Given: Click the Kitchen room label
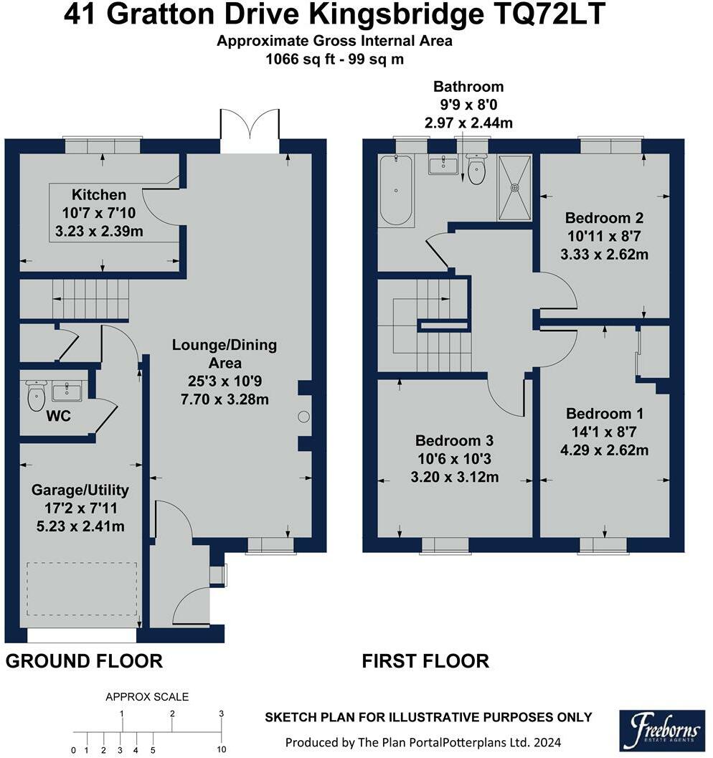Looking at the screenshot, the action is (99, 195).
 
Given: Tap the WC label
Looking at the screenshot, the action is (59, 416).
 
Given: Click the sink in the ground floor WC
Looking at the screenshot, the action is (67, 391).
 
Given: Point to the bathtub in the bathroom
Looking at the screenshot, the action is (397, 191).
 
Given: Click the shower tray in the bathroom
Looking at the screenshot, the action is (515, 188).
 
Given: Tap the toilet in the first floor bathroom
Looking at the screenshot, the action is (476, 169).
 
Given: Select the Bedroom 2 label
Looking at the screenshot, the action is (604, 218).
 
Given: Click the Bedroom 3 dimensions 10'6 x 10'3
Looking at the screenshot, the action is (454, 459).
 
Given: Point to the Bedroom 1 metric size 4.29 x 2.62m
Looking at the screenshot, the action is (604, 450).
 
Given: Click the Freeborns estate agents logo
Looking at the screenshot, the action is (662, 731).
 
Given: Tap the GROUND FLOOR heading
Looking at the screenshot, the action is (84, 661).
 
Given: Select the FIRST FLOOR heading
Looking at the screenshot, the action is (426, 661).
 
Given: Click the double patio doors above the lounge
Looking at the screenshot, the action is (250, 125).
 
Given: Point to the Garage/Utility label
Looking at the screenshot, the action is (80, 491).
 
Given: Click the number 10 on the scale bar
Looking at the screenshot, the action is (222, 750).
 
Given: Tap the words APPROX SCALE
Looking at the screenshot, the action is (147, 696).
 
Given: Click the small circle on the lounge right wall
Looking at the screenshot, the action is (303, 416).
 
